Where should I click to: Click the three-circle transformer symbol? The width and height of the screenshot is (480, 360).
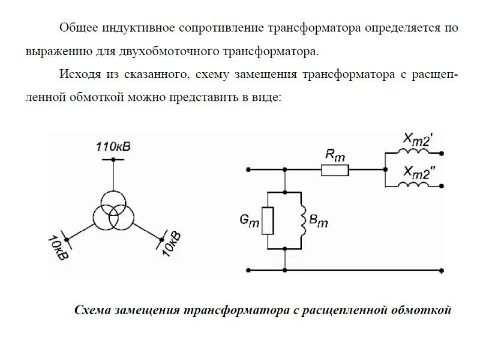[113, 212]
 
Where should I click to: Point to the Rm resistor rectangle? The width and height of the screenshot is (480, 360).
[335, 170]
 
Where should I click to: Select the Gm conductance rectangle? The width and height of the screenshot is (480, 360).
[269, 220]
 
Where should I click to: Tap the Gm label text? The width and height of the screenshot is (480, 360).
[250, 221]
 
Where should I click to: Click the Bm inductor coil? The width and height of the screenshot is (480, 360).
[303, 220]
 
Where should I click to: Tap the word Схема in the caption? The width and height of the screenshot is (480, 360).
[91, 310]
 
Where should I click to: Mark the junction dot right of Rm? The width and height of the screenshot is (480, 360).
[385, 170]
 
